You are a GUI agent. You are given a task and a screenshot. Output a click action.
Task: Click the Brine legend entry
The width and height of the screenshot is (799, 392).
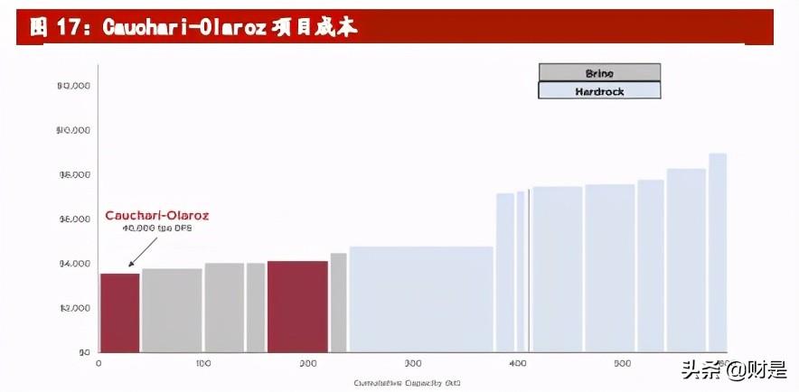(599, 72)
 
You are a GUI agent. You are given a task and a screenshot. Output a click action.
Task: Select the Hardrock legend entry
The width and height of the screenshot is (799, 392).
(599, 90)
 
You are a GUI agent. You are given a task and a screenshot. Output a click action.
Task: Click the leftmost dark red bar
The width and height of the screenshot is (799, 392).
(119, 313)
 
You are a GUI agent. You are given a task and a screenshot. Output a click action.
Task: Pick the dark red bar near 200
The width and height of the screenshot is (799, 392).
(297, 306)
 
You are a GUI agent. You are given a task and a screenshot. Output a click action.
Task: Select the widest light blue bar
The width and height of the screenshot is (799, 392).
(421, 299)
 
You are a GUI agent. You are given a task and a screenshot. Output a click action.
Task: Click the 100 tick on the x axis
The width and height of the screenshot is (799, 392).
(202, 363)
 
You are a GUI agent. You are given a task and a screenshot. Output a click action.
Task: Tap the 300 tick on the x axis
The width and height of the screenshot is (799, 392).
(413, 363)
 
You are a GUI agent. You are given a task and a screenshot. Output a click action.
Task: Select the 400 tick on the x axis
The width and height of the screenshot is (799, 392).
(517, 363)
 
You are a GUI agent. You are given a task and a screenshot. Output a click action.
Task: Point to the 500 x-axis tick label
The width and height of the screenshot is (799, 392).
(622, 363)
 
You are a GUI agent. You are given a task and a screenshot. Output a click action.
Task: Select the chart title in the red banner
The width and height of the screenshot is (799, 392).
(194, 27)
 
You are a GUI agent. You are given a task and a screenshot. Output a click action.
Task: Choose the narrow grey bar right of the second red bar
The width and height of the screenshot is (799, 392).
(338, 302)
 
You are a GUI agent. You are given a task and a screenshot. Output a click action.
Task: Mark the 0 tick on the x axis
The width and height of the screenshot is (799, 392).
(99, 363)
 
